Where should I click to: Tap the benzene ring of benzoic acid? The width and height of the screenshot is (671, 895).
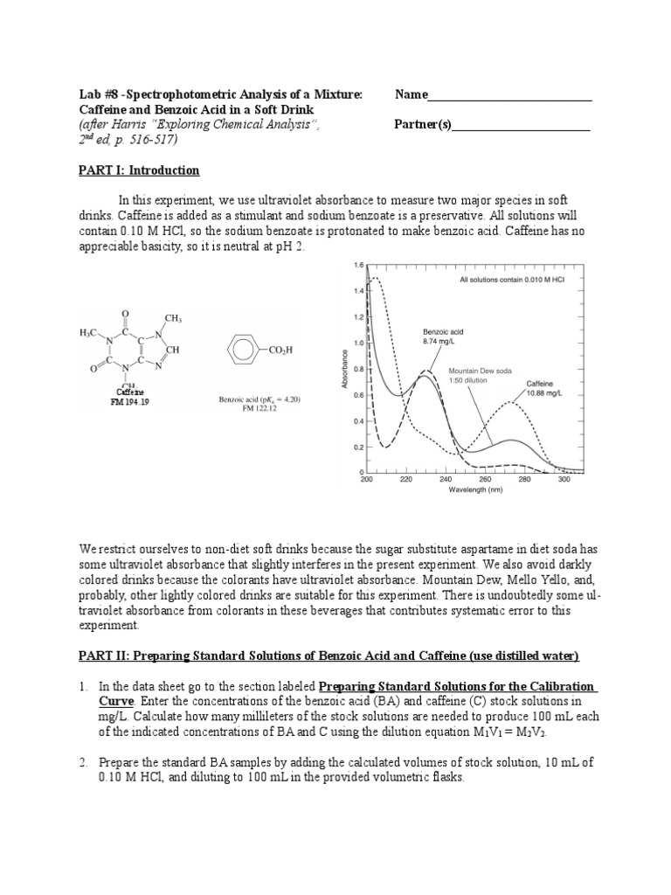coord(239,350)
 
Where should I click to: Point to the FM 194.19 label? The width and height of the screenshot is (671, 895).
coord(130,403)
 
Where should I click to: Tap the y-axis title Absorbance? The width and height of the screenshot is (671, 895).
coord(347,371)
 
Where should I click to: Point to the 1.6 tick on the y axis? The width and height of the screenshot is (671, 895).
coord(357,265)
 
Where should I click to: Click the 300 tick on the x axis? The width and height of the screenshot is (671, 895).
coord(564,480)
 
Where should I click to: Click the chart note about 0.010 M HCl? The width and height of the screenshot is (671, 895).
coord(508,281)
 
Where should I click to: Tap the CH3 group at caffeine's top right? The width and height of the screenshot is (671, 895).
coord(172,318)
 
